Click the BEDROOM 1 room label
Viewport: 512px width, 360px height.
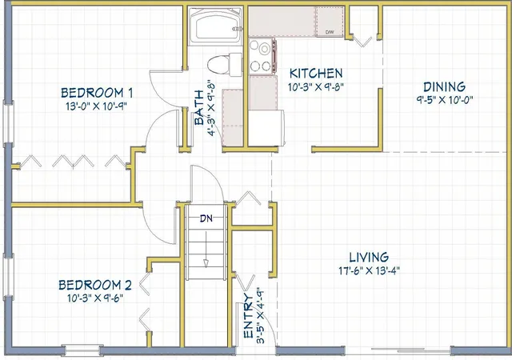click(x=97, y=93)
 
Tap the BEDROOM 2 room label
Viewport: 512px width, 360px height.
click(x=95, y=285)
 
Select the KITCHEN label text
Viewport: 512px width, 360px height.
click(x=316, y=74)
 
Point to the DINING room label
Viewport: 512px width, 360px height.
click(x=445, y=87)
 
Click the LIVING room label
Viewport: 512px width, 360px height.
click(x=369, y=258)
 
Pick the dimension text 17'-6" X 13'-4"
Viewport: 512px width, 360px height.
click(x=369, y=270)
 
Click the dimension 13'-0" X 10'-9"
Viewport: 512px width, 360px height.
click(x=96, y=106)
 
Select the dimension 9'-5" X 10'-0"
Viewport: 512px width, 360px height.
click(x=445, y=100)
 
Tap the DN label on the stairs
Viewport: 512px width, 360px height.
click(x=206, y=218)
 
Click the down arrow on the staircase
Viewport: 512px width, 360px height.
click(x=206, y=250)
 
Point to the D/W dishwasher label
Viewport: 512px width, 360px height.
click(x=330, y=32)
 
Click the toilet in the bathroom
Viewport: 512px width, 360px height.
click(x=225, y=64)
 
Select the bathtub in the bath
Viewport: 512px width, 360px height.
click(x=215, y=26)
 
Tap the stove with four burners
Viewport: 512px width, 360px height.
click(x=262, y=55)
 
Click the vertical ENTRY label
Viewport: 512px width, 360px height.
click(x=249, y=316)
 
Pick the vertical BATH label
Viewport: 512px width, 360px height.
click(x=199, y=108)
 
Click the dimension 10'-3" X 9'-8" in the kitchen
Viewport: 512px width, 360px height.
click(x=316, y=87)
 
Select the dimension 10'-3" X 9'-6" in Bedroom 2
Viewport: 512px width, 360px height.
click(x=95, y=298)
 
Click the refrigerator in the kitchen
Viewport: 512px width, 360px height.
click(x=266, y=128)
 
